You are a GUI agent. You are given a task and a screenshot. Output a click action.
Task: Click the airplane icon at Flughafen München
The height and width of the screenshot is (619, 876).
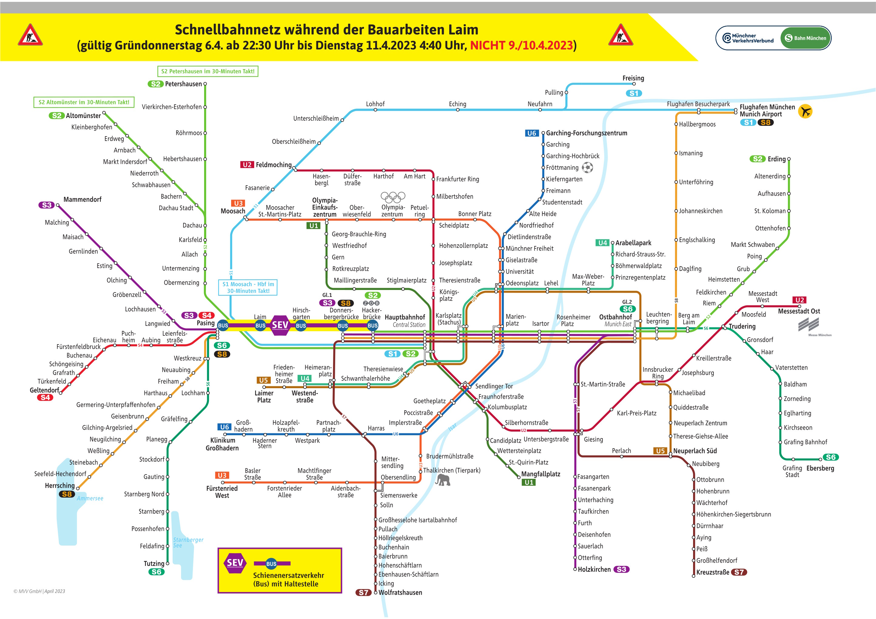(805, 111)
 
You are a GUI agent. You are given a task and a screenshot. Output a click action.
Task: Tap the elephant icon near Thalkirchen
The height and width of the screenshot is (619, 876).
(443, 480)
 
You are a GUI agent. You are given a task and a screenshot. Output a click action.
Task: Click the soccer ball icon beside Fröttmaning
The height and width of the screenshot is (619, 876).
(588, 167)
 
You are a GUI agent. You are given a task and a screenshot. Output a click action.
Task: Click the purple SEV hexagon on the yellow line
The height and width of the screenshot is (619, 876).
(280, 325)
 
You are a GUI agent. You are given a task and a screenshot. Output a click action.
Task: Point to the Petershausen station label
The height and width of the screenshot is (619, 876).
(183, 84)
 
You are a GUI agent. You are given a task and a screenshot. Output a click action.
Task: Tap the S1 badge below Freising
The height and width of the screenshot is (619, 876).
(634, 93)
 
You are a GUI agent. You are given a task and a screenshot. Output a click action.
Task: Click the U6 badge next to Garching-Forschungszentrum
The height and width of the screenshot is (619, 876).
(532, 133)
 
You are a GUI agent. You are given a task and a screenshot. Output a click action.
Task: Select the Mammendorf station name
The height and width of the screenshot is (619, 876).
(83, 200)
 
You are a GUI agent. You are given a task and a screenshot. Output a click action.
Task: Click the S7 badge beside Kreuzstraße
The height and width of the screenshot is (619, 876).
(739, 572)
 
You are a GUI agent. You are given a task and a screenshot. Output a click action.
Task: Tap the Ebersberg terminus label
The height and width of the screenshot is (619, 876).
(820, 468)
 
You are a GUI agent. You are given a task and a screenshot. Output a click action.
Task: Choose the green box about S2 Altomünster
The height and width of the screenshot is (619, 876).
(84, 102)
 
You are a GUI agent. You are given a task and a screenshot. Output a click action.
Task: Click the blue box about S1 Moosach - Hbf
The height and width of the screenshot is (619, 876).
(248, 287)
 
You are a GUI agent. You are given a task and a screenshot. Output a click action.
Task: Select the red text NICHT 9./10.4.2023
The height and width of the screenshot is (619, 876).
(521, 45)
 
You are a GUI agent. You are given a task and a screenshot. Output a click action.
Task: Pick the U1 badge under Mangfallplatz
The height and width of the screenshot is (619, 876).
(529, 483)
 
